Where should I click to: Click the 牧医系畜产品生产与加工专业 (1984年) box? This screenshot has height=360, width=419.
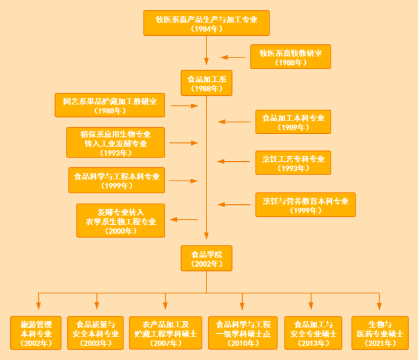(x=206, y=23)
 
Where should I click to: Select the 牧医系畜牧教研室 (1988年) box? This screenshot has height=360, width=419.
(x=291, y=57)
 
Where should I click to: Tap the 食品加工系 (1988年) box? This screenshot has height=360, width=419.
(x=206, y=83)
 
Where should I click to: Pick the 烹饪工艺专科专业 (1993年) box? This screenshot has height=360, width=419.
(x=293, y=162)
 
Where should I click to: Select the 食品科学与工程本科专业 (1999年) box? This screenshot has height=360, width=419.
(x=117, y=181)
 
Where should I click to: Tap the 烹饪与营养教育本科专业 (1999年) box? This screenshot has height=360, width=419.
(x=305, y=205)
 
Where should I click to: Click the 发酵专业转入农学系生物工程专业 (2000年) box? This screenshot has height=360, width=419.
(x=120, y=221)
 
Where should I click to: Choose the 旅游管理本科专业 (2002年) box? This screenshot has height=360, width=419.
(x=36, y=333)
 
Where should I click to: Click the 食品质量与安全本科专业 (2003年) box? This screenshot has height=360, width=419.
(x=95, y=333)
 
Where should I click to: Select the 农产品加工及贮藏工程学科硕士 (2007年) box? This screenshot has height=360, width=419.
(x=165, y=333)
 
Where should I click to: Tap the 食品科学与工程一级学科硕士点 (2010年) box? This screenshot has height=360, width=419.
(x=243, y=333)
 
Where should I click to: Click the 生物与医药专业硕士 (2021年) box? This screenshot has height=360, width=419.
(x=380, y=333)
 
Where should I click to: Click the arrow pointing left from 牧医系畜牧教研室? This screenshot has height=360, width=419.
(x=233, y=57)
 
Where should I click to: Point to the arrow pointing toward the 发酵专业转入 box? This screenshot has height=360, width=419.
(x=183, y=219)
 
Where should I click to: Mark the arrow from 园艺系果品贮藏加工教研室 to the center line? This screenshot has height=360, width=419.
(x=185, y=105)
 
